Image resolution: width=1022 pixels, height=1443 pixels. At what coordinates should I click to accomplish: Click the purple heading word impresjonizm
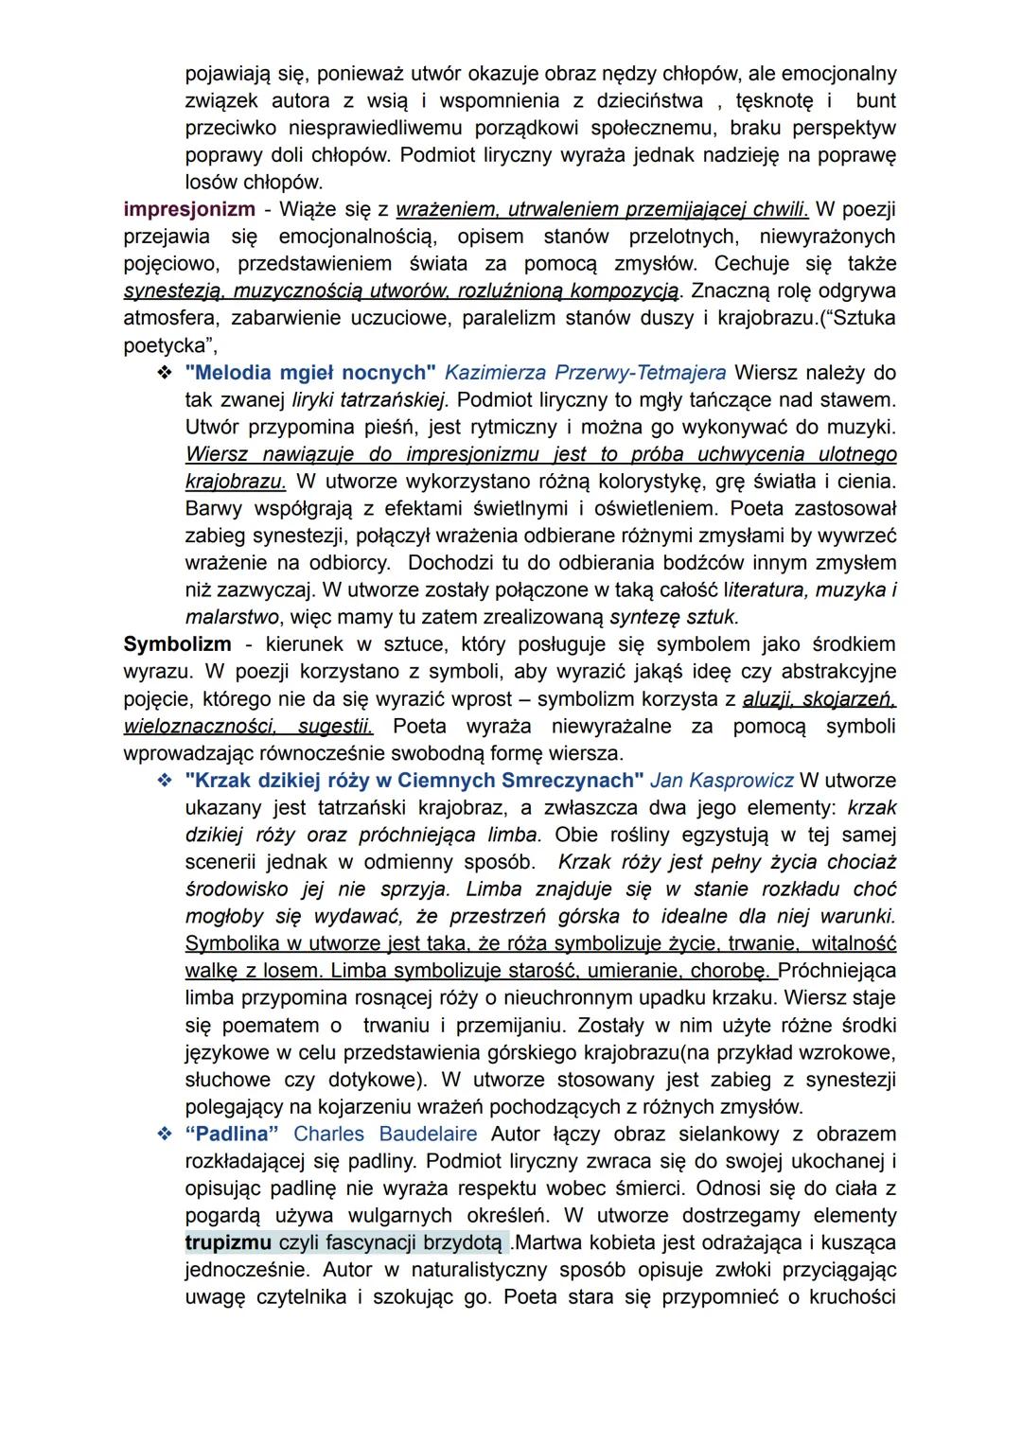[x=188, y=209]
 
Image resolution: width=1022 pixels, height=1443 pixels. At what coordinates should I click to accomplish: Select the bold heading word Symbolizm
[x=177, y=644]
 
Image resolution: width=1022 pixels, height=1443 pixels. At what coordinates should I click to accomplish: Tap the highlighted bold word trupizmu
[x=228, y=1241]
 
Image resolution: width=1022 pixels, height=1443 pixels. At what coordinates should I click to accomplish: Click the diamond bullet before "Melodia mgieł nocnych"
[x=164, y=373]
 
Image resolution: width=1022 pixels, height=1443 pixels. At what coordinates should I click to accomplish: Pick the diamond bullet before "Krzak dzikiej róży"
[x=164, y=781]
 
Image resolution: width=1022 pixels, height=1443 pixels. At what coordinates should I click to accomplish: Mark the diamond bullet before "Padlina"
[x=164, y=1134]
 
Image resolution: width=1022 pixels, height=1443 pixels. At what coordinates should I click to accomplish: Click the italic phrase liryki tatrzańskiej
[x=371, y=400]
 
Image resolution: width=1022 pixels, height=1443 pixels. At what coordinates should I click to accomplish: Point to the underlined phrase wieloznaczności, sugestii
[x=248, y=727]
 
